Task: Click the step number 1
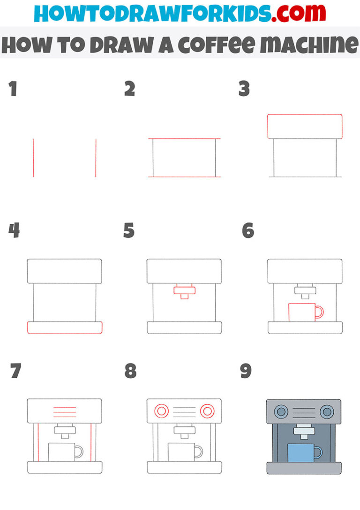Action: click(x=13, y=89)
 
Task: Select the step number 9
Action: click(x=246, y=372)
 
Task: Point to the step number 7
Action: click(x=15, y=372)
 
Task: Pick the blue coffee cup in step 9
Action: click(x=300, y=453)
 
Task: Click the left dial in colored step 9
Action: click(x=281, y=412)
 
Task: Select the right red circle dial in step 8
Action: click(x=207, y=411)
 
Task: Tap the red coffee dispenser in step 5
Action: click(x=184, y=292)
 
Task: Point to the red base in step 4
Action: click(x=65, y=327)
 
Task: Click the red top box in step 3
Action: click(x=305, y=126)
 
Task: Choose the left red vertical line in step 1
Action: click(x=33, y=158)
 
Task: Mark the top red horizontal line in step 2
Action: click(x=184, y=139)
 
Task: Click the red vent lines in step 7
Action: click(x=65, y=412)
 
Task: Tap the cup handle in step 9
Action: click(x=319, y=452)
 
